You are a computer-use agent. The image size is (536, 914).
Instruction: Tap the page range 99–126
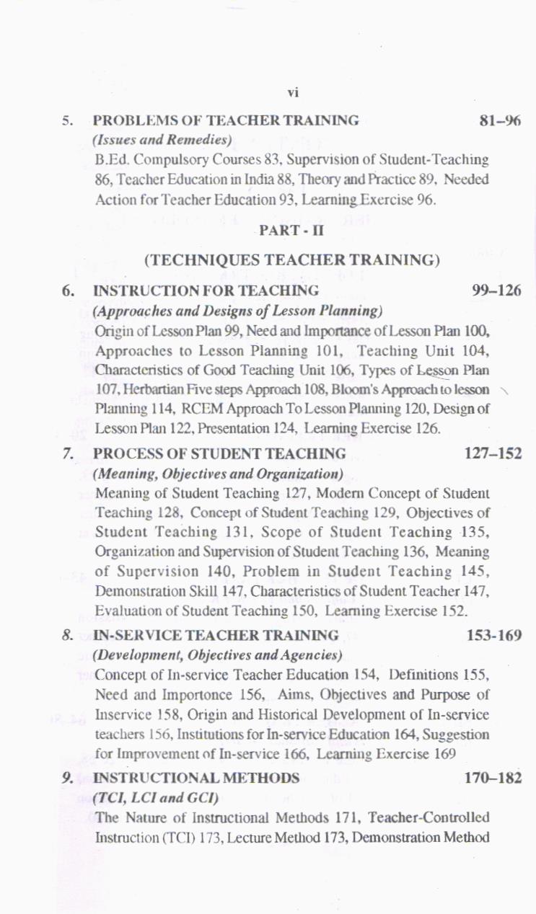496,290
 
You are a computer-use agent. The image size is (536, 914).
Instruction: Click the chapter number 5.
66,121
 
